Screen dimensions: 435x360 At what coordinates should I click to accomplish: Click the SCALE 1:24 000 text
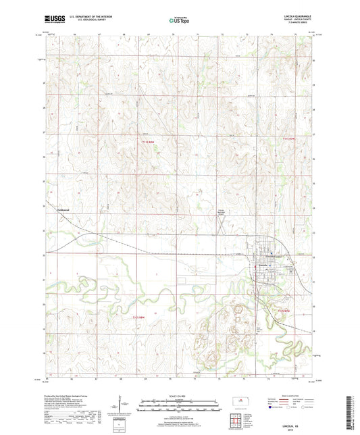coord(180,396)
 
